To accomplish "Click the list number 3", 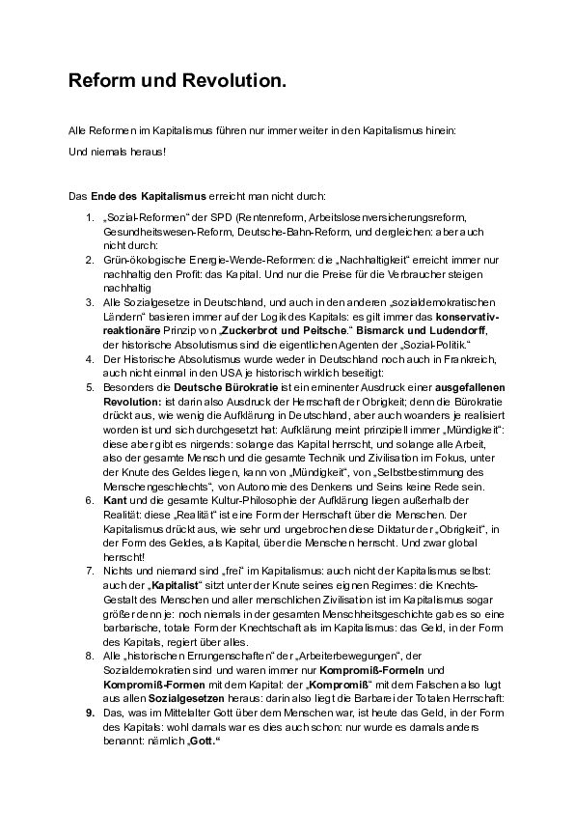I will coord(90,301).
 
